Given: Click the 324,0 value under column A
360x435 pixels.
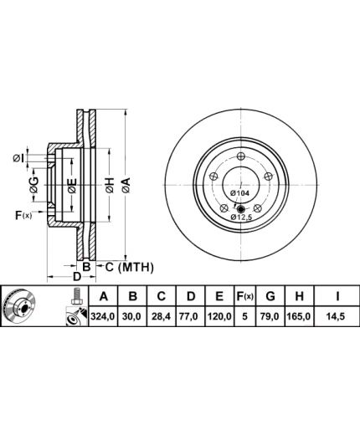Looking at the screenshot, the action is coord(103,316).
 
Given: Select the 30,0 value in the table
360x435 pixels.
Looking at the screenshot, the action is coord(133,316).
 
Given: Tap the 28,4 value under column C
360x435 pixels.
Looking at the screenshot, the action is coord(162,316).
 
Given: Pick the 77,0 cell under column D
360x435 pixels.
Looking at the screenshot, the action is coord(190,316).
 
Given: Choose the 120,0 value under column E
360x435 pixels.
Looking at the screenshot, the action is coord(219,316).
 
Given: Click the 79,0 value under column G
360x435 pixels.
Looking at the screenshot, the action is coord(270,316).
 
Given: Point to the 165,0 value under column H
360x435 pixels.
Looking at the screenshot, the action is coord(299,316).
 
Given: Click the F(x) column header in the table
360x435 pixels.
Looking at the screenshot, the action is coord(244,296).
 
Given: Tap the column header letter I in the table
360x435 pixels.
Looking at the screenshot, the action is coord(337,296).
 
